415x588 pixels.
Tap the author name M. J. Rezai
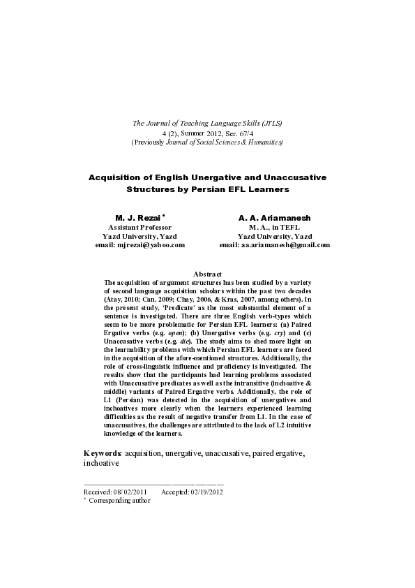137,218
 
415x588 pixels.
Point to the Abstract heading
207,274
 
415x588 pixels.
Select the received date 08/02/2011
131,492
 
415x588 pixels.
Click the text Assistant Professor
139,227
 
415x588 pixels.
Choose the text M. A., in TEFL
275,227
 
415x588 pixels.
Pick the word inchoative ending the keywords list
102,463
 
